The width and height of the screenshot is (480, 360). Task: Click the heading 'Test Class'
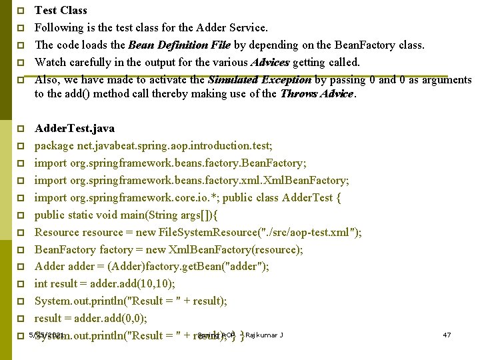point(61,10)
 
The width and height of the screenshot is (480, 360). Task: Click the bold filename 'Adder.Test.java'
point(74,128)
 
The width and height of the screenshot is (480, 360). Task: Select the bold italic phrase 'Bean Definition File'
point(179,45)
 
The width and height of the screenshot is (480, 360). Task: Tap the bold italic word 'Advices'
point(270,62)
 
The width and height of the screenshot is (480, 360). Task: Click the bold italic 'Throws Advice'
point(317,94)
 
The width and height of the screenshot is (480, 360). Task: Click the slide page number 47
point(447,334)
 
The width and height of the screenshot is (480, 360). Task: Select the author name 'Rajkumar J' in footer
point(264,334)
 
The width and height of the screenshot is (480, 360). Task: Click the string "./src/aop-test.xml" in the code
point(313,232)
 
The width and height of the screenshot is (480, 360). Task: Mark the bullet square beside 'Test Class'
point(21,11)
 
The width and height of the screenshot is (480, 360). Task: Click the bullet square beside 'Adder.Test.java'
point(21,128)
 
